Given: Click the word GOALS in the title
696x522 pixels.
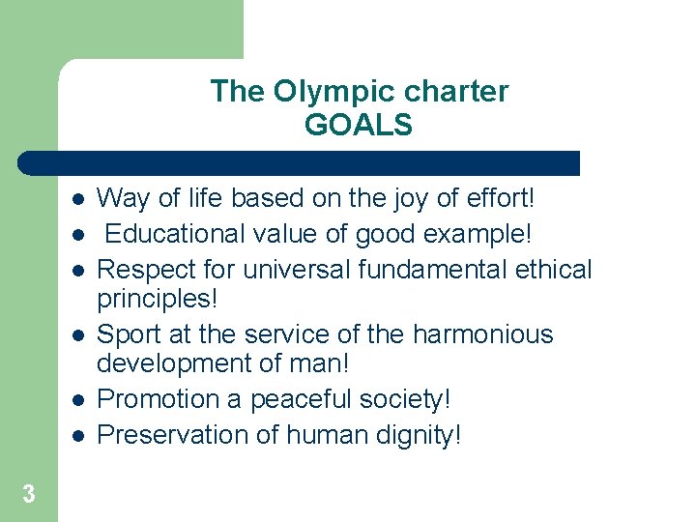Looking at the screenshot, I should pyautogui.click(x=359, y=125).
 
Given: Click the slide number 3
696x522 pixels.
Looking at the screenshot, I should pyautogui.click(x=29, y=495).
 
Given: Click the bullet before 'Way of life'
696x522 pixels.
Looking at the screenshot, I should pyautogui.click(x=77, y=199).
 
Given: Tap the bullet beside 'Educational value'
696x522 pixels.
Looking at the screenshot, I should pyautogui.click(x=77, y=234).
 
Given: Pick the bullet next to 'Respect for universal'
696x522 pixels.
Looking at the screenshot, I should pyautogui.click(x=77, y=269).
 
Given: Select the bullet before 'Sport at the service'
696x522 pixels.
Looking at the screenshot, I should pyautogui.click(x=77, y=334).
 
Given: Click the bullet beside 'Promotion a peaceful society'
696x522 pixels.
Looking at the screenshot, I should pyautogui.click(x=77, y=399).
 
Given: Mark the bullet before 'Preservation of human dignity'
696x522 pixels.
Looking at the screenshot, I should pyautogui.click(x=77, y=435).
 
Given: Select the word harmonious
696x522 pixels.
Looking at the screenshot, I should pyautogui.click(x=483, y=334).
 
